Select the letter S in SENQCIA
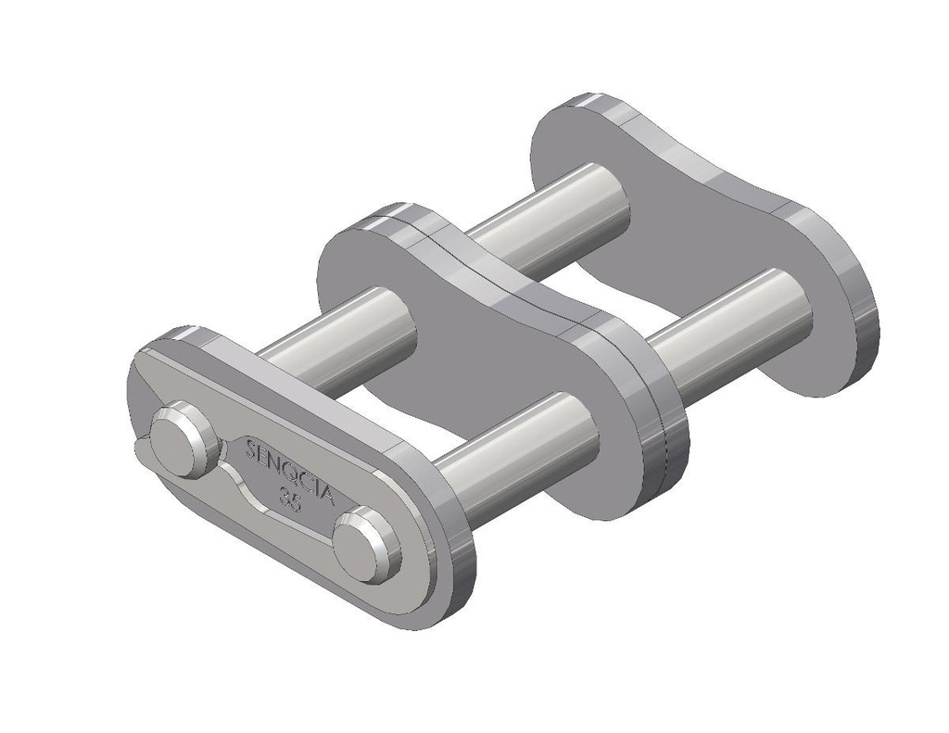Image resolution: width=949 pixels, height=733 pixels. coord(251,449)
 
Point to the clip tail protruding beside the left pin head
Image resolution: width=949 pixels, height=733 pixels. coord(141,449)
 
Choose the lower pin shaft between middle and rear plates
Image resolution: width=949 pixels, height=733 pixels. coord(732,324)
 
